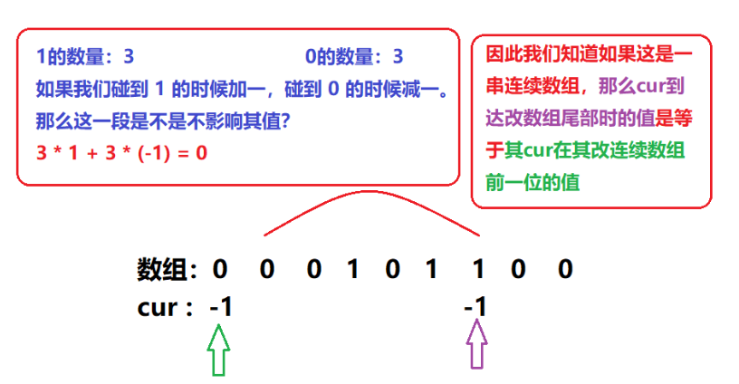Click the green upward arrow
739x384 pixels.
(218, 350)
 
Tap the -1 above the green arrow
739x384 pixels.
(220, 308)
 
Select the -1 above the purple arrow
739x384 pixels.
(475, 308)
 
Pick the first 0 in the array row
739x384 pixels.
(219, 269)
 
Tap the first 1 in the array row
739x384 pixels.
(353, 269)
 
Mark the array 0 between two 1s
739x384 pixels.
(392, 269)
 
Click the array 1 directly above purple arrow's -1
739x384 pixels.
(476, 269)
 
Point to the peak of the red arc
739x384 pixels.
(369, 191)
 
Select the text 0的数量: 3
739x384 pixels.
(354, 57)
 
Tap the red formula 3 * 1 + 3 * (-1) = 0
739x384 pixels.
(121, 153)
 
